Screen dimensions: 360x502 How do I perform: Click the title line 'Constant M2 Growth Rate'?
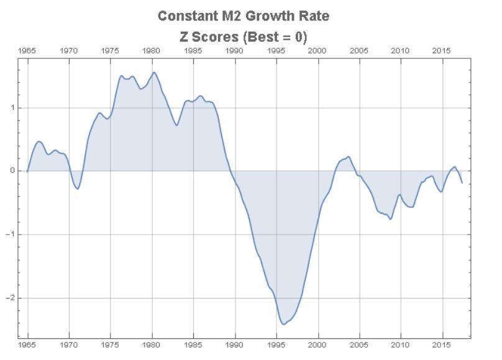243,16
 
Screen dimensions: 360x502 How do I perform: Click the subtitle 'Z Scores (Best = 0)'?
243,37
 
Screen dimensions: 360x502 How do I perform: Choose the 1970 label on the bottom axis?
69,343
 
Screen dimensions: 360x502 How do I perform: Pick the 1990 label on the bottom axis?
235,343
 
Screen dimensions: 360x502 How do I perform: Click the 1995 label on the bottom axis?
276,343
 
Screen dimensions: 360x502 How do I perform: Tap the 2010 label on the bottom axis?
401,343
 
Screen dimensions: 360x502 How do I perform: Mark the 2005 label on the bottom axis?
359,343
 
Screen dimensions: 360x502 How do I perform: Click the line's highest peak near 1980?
154,73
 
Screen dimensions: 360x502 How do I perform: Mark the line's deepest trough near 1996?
283,324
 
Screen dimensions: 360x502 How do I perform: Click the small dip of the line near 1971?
77,189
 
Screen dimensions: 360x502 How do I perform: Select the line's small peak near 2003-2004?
349,156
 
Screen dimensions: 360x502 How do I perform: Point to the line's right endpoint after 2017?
462,182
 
